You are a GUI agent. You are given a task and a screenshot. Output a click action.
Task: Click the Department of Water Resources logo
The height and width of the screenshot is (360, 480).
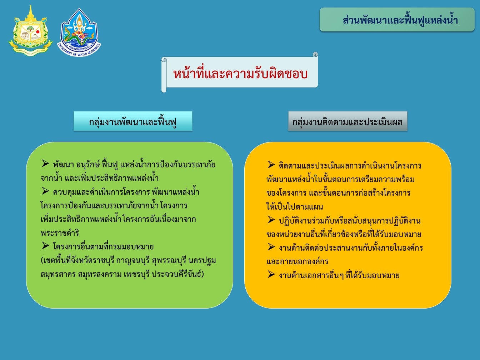pyautogui.click(x=79, y=32)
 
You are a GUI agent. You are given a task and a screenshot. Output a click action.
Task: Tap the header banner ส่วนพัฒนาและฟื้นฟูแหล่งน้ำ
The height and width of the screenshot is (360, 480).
pyautogui.click(x=397, y=20)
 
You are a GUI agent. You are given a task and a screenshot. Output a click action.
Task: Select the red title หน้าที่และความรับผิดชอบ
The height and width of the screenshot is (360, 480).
pyautogui.click(x=240, y=74)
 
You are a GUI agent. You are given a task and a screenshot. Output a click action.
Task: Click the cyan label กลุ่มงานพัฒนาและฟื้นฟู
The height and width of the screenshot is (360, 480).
pyautogui.click(x=133, y=121)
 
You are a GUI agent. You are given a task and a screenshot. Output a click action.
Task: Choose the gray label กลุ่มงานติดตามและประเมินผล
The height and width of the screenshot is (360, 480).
pyautogui.click(x=348, y=121)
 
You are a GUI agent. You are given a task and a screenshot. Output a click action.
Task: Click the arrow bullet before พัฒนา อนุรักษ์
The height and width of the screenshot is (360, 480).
pyautogui.click(x=45, y=164)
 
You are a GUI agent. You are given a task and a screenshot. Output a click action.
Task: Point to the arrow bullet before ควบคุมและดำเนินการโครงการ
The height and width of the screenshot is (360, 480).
pyautogui.click(x=45, y=191)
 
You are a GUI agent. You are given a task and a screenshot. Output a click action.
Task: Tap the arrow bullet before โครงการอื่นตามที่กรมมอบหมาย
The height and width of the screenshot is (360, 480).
pyautogui.click(x=45, y=246)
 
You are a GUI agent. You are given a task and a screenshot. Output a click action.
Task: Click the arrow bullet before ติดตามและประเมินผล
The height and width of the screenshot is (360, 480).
pyautogui.click(x=271, y=165)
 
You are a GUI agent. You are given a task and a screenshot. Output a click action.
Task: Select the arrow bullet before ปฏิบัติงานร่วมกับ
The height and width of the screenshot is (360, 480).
pyautogui.click(x=271, y=220)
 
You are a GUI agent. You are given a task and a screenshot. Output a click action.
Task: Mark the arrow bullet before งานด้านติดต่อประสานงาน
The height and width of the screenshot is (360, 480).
pyautogui.click(x=271, y=247)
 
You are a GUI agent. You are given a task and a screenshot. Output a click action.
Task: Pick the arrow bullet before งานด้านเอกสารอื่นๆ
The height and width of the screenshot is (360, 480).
pyautogui.click(x=271, y=274)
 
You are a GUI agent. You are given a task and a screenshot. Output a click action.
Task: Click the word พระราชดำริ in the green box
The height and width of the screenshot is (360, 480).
pyautogui.click(x=60, y=233)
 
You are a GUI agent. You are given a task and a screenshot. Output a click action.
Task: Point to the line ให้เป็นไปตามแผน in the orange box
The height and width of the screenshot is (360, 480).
pyautogui.click(x=295, y=206)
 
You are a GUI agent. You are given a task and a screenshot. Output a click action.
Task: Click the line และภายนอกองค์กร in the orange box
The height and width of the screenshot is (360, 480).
pyautogui.click(x=297, y=261)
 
